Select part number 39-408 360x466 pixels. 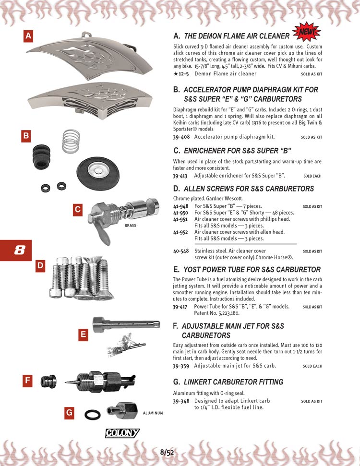(x=181, y=137)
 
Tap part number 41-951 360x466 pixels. (x=180, y=218)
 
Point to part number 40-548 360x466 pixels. (x=181, y=251)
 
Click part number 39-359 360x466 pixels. (x=181, y=366)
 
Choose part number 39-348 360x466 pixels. (x=181, y=401)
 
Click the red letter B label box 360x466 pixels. (x=26, y=136)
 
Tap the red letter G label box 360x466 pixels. (x=70, y=413)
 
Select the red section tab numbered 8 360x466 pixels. (x=16, y=250)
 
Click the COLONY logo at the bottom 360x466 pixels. (x=122, y=433)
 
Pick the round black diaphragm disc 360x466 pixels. (x=97, y=169)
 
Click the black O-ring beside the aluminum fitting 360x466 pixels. (x=92, y=415)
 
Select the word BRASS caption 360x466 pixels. (x=131, y=225)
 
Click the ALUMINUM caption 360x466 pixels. (x=153, y=413)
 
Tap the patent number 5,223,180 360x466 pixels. (x=224, y=313)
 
